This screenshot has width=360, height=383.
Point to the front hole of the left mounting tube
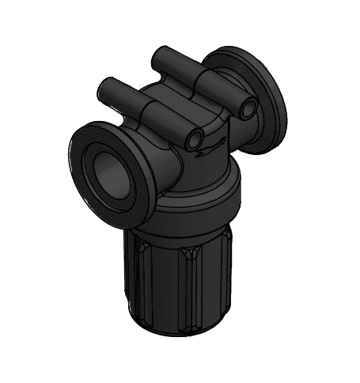coord(194,139)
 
